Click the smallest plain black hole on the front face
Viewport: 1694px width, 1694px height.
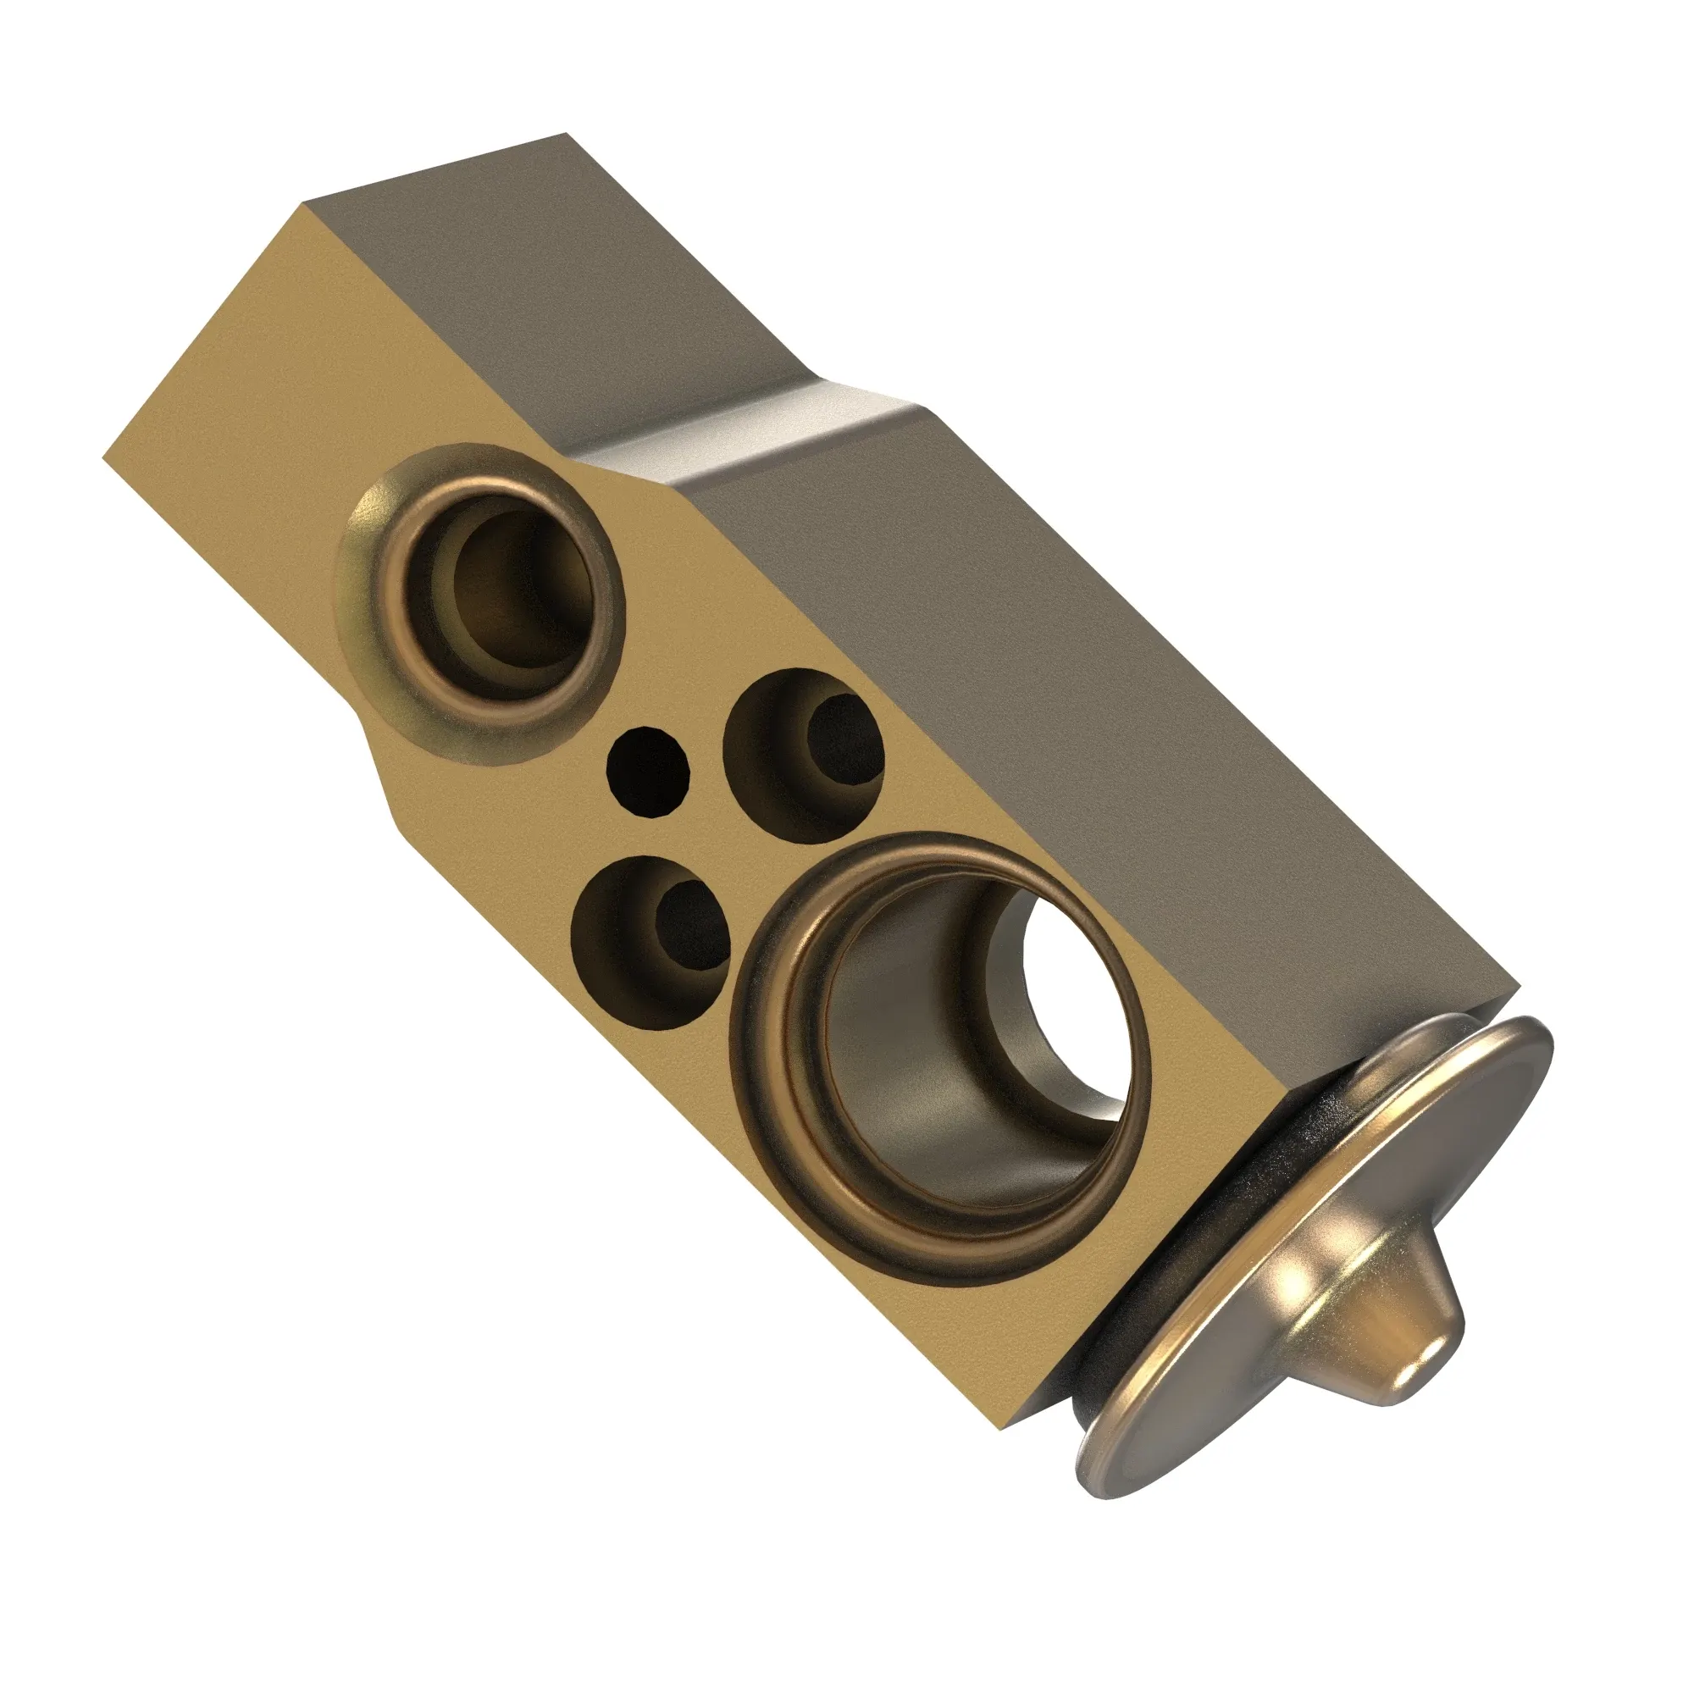click(648, 772)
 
